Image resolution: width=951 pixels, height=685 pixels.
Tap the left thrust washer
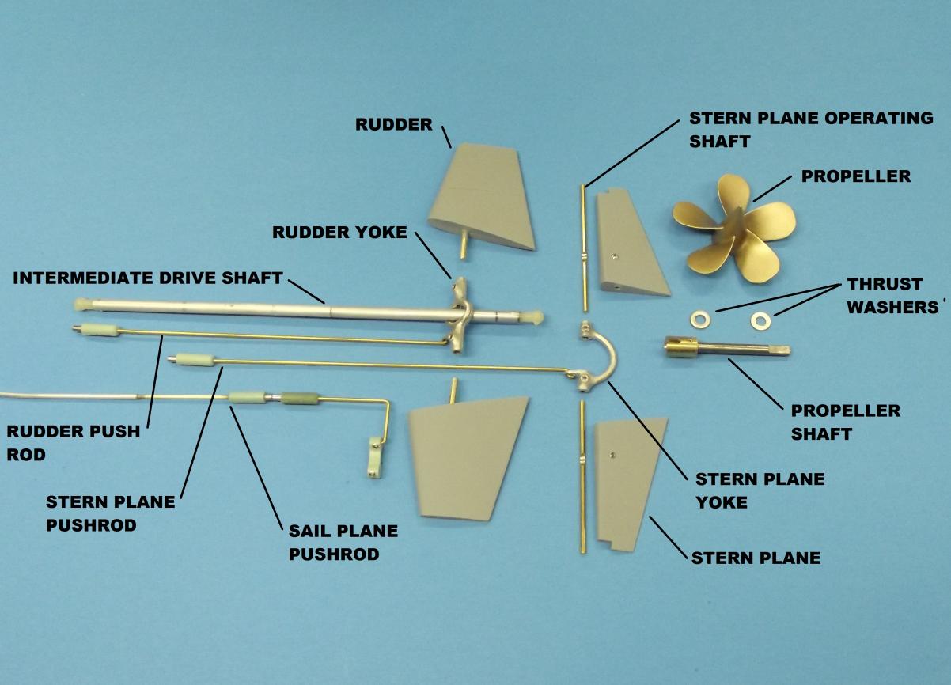point(699,318)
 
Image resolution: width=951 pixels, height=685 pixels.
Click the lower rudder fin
point(467,454)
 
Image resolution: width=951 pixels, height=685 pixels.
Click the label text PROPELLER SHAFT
point(845,422)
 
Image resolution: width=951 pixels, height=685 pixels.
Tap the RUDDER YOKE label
point(339,233)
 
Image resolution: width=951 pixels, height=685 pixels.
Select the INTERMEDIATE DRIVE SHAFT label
point(148,278)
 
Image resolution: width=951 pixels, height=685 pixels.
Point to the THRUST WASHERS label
point(885,295)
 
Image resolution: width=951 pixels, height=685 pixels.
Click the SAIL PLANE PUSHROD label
point(343,542)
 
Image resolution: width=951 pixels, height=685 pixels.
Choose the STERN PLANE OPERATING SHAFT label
point(811,129)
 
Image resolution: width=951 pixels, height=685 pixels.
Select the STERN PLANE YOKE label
point(760,490)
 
